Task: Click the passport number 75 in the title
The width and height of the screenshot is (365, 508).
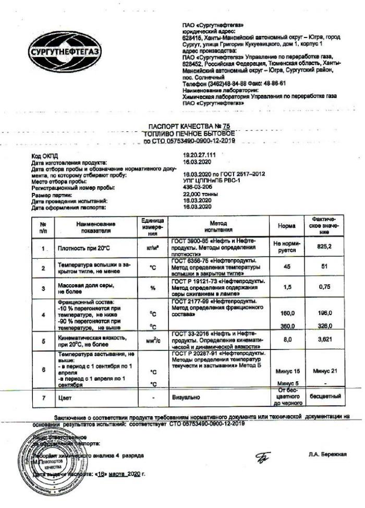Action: coord(225,126)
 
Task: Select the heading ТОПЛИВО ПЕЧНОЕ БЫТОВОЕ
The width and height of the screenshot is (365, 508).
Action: coord(189,134)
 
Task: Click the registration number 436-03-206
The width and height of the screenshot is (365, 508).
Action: coord(197,186)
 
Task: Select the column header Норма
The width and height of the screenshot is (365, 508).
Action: coord(286,227)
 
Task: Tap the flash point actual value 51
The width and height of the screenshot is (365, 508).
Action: coord(324,267)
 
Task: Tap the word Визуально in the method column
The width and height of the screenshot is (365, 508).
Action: coord(186,397)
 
